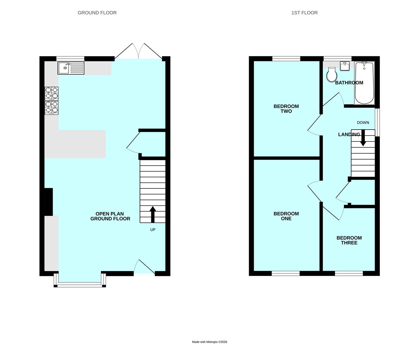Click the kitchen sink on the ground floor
pos(71,68)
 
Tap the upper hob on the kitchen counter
pos(52,93)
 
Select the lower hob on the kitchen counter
pos(52,108)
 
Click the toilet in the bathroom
pos(332,75)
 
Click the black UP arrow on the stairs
pos(153,214)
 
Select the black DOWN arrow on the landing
pos(363,138)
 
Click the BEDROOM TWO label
pos(286,109)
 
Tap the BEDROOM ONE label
pos(286,216)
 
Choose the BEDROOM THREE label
pos(349,240)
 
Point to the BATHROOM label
pos(349,83)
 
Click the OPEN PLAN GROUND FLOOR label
pos(110,216)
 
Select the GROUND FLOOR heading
pos(97,13)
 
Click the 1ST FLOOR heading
pos(304,13)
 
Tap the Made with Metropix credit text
pos(209,342)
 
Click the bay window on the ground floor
pos(80,284)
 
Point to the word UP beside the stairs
pos(153,230)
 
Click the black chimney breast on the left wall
pos(49,202)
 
